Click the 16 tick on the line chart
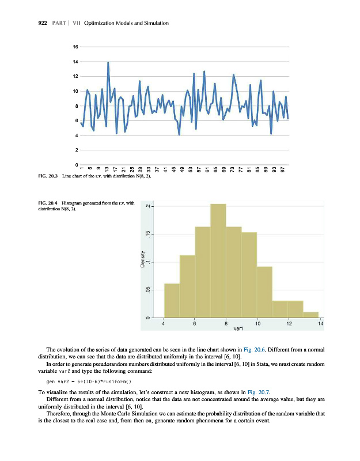pyautogui.click(x=75, y=46)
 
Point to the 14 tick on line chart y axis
pyautogui.click(x=75, y=61)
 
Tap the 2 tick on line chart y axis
pyautogui.click(x=76, y=150)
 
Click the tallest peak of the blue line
pyautogui.click(x=108, y=63)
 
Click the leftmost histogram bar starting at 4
pyautogui.click(x=172, y=300)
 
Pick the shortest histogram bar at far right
pyautogui.click(x=310, y=315)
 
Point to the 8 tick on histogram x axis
pyautogui.click(x=226, y=324)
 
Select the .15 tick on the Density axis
pyautogui.click(x=148, y=234)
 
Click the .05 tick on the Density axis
pyautogui.click(x=148, y=290)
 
